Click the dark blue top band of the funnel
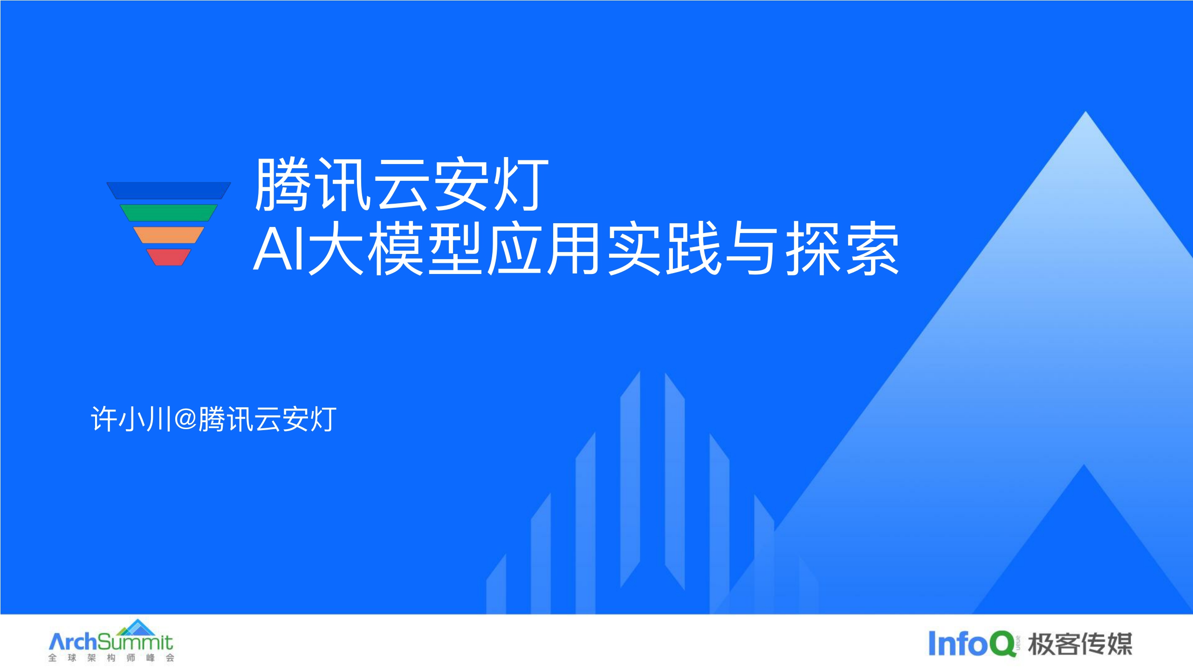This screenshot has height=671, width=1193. coord(169,191)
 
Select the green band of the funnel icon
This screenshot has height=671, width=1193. coord(169,212)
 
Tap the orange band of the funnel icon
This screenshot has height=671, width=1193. coord(169,235)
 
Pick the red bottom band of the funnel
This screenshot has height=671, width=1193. coord(169,257)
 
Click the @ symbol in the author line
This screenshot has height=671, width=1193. coord(185,419)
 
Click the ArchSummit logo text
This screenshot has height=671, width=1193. coord(111,642)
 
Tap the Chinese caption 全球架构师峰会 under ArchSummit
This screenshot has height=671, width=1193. coord(111,658)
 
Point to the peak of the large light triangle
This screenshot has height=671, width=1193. coord(1085,115)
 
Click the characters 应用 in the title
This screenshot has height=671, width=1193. coord(543,249)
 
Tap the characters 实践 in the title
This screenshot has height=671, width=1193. coord(665,249)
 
